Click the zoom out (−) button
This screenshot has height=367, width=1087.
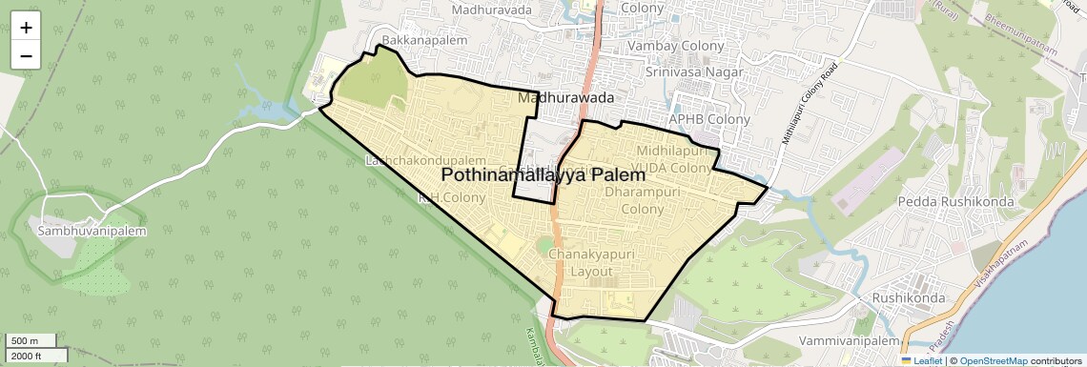pos(26,56)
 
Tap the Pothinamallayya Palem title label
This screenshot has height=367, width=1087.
pos(543,175)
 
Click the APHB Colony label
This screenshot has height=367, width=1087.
pos(708,119)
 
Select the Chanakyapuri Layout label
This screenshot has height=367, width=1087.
pos(591,262)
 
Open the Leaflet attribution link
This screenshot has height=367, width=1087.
pos(921,360)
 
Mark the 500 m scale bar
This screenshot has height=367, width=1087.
pos(31,341)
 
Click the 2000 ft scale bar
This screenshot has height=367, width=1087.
pos(36,356)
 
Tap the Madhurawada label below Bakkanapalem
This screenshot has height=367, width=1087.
pos(564,97)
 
